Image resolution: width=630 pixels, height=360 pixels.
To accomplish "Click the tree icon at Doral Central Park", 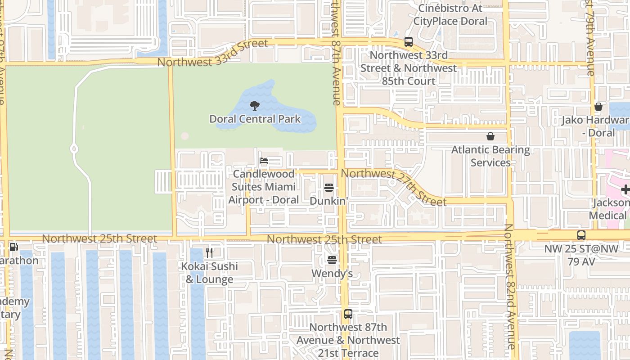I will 255,106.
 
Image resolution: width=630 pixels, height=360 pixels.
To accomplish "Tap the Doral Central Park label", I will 255,119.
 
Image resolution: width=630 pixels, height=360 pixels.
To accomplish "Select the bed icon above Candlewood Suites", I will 264,161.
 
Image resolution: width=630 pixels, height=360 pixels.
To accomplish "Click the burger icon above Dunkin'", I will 329,188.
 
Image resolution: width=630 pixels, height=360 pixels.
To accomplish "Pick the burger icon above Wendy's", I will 332,260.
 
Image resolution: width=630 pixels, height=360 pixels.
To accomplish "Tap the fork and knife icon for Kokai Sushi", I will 209,252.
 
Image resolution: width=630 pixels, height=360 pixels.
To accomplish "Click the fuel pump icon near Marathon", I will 14,247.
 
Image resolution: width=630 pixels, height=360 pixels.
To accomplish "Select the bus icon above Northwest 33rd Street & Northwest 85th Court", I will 408,42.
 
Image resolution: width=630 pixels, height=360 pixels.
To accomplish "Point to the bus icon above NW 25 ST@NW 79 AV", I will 581,235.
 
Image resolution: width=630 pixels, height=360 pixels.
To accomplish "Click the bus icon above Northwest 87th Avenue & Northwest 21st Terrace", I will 348,314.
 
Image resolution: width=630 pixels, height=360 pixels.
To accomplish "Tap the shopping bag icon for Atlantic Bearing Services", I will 490,136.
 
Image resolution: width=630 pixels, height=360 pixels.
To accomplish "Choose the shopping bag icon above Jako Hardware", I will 598,107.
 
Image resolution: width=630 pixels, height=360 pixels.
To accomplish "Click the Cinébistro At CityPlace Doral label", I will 450,15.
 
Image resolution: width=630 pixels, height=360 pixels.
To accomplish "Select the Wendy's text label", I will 332,273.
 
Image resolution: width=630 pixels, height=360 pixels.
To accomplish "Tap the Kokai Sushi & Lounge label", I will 210,273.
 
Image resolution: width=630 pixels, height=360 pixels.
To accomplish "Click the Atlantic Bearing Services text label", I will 490,156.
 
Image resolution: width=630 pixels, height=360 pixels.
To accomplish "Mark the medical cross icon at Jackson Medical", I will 625,189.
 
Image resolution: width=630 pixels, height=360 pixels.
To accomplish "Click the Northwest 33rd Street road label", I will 213,53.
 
